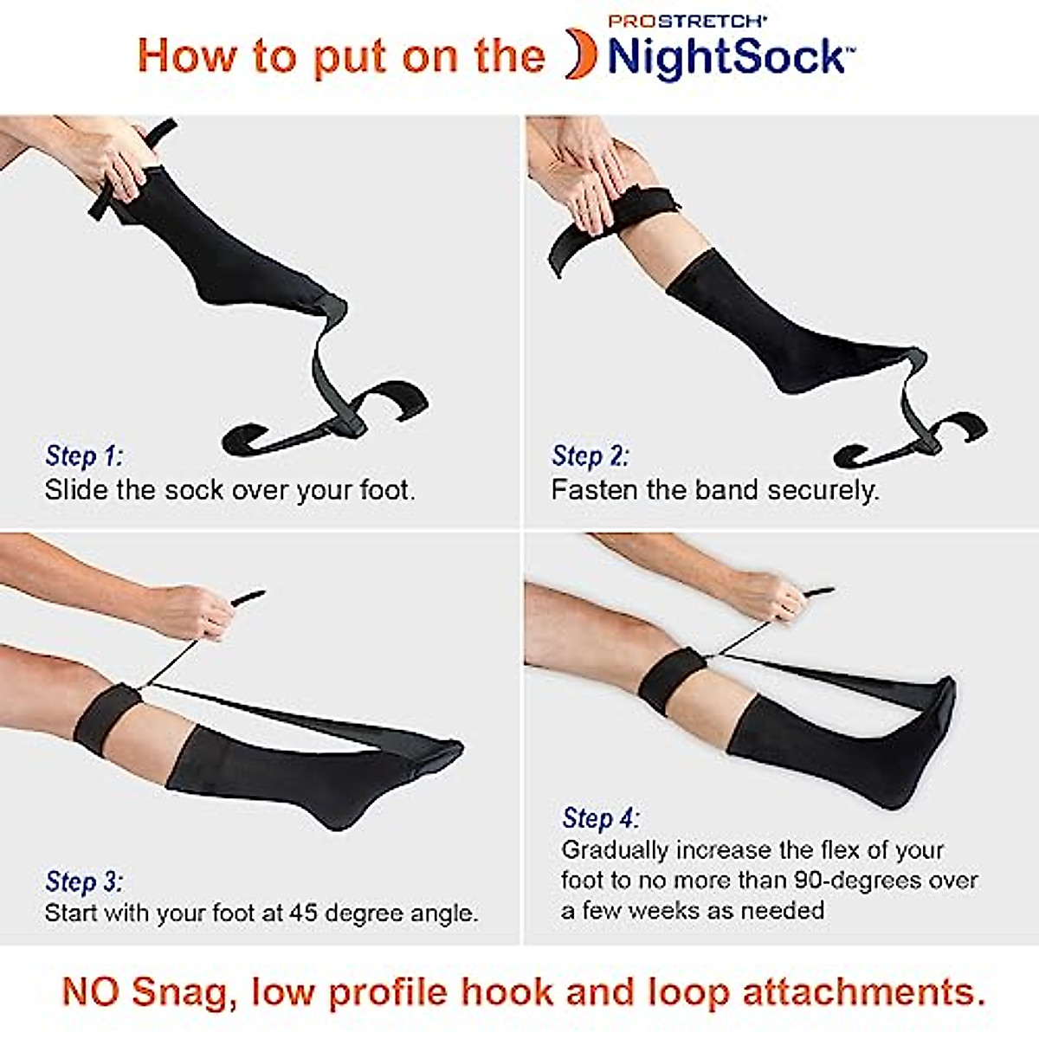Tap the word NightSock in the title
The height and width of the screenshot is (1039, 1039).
pos(726,57)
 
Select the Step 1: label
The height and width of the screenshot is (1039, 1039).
pos(85,456)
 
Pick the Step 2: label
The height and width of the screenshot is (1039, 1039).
pos(590,456)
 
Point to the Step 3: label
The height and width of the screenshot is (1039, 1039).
pos(85,882)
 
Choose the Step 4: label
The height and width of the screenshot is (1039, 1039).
pos(601,818)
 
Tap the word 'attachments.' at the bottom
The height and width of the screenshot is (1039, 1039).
pos(864,991)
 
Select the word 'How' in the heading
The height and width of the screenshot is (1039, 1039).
pos(186,57)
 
